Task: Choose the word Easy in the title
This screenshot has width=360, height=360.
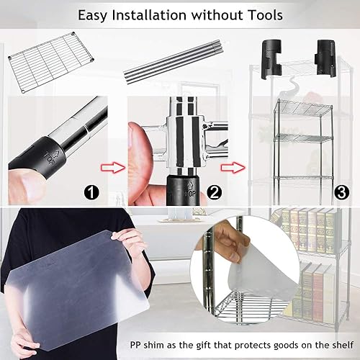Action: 92,15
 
